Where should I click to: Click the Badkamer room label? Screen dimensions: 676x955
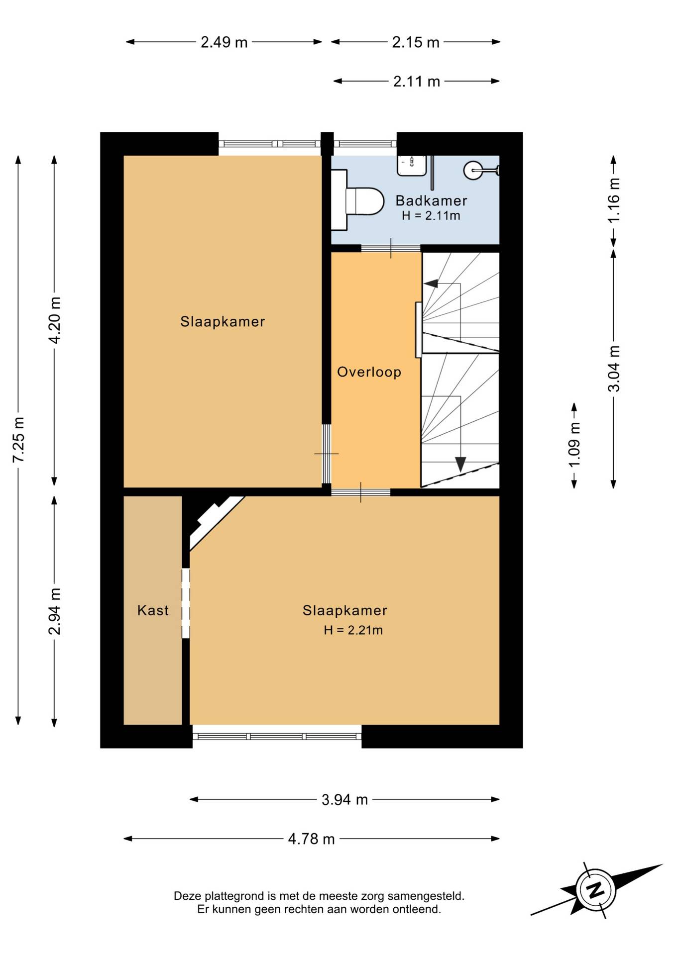tap(431, 200)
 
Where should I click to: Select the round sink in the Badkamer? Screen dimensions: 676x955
tap(472, 170)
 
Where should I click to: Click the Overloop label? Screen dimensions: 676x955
tap(369, 372)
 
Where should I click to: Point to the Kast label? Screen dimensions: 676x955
tap(153, 610)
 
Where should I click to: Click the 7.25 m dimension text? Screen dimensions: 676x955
tap(18, 440)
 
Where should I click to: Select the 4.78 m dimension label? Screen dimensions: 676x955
tap(311, 839)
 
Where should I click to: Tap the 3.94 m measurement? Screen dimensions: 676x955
tap(344, 800)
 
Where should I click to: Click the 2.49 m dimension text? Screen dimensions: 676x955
tap(224, 42)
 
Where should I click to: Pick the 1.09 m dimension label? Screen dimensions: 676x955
tap(574, 445)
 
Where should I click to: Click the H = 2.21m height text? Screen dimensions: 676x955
tap(353, 630)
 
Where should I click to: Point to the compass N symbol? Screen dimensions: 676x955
tap(595, 890)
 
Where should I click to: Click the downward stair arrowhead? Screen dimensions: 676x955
tap(460, 464)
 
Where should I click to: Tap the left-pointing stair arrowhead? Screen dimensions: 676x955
tap(431, 284)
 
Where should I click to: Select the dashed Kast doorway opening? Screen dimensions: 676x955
tap(186, 603)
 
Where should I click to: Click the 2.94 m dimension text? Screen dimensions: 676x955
tap(54, 611)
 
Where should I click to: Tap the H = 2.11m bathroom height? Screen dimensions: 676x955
tap(431, 216)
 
